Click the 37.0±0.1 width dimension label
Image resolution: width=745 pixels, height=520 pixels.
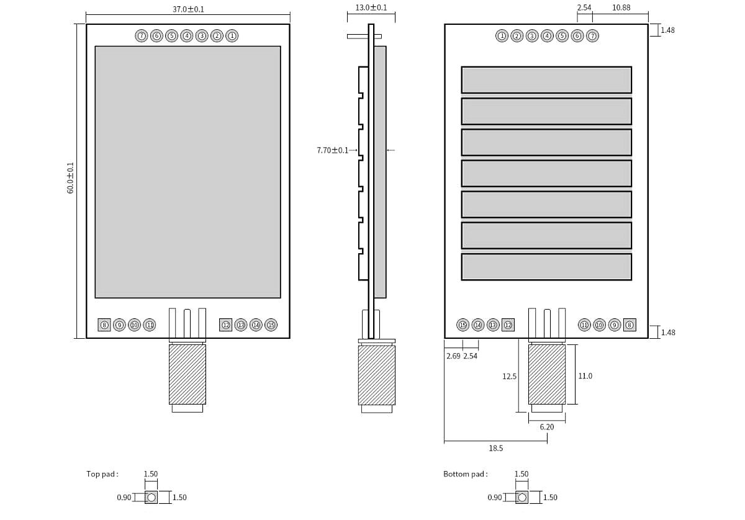(x=188, y=9)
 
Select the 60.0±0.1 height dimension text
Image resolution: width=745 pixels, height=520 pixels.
(x=70, y=178)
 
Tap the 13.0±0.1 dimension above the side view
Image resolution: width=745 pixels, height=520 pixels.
(x=371, y=8)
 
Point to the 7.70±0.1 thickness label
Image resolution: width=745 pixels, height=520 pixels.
(x=333, y=150)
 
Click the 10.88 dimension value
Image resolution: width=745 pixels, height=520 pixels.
(x=621, y=8)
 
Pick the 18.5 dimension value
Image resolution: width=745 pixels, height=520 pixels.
(x=495, y=448)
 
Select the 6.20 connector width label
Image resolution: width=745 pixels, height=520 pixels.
(x=546, y=428)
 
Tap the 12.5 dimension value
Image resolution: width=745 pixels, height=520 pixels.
(x=509, y=377)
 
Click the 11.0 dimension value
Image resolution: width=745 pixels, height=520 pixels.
(x=585, y=376)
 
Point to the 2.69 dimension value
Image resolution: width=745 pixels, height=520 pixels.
(x=453, y=356)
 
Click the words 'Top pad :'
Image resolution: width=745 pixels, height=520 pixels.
(x=102, y=474)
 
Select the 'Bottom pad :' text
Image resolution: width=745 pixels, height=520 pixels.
(x=465, y=474)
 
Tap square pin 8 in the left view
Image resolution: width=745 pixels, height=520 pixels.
(x=104, y=325)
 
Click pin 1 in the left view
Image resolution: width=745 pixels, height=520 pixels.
(x=232, y=36)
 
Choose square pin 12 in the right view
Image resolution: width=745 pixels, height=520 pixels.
(x=508, y=325)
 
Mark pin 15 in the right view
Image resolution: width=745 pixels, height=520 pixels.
(x=463, y=325)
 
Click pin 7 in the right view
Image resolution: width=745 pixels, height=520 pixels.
(x=592, y=36)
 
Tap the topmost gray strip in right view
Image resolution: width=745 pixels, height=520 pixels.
(x=546, y=80)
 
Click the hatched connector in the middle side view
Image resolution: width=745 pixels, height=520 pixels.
(x=376, y=375)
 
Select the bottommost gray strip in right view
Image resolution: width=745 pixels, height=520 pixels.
(x=546, y=267)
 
